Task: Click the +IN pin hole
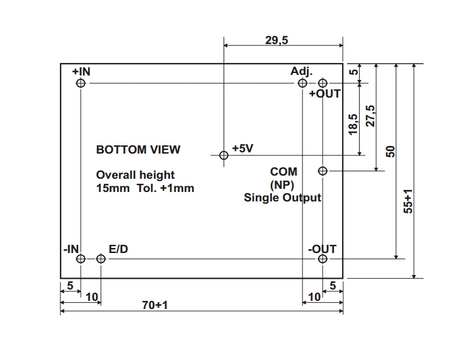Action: tap(80, 83)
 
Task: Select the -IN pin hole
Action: tap(80, 259)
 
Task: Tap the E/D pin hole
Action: tap(101, 259)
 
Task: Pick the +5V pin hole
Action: tap(223, 155)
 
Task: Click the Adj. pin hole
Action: tap(303, 83)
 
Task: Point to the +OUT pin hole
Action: tap(323, 83)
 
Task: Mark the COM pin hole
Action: tap(323, 171)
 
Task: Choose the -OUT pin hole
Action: tap(323, 259)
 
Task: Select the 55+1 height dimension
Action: tap(408, 201)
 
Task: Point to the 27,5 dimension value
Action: tap(370, 116)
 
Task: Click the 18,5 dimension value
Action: tap(353, 123)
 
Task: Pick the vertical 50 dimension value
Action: tap(390, 151)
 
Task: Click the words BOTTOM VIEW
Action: tap(138, 150)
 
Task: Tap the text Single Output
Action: tap(282, 198)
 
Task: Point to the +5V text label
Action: tap(243, 149)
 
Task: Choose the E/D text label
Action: tap(118, 249)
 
